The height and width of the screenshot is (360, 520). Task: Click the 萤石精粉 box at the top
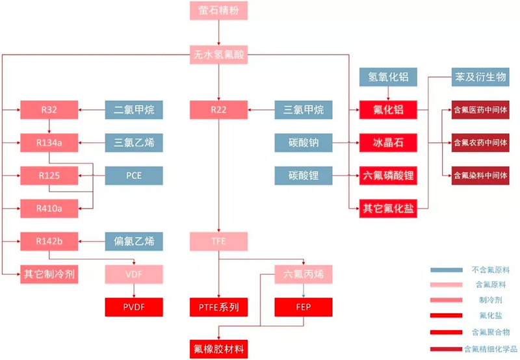click(x=219, y=11)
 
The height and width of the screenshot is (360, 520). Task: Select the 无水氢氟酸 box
click(x=219, y=55)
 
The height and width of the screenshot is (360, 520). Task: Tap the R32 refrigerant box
click(x=49, y=110)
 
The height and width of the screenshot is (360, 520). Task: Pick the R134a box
click(x=49, y=142)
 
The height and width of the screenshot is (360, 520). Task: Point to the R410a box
click(x=49, y=208)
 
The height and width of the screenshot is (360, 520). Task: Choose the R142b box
click(x=49, y=242)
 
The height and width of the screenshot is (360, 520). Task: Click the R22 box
click(x=219, y=110)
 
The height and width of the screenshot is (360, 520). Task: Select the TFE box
click(x=219, y=242)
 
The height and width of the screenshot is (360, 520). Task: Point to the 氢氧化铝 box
click(x=388, y=77)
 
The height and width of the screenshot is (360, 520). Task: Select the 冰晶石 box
click(x=388, y=142)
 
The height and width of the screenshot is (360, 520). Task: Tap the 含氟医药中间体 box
click(x=480, y=110)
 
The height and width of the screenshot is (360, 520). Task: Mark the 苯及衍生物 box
click(x=478, y=77)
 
